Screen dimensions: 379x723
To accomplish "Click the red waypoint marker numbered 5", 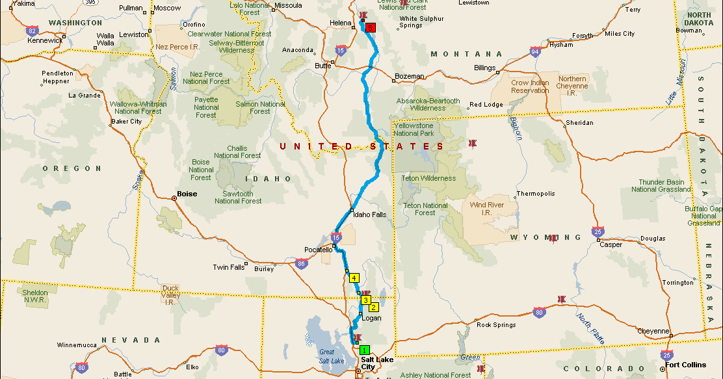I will (x=371, y=28).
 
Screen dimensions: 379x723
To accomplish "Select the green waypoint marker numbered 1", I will (x=364, y=350).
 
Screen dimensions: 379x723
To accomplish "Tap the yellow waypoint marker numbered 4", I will (x=354, y=278).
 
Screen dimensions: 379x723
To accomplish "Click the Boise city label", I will (x=187, y=194).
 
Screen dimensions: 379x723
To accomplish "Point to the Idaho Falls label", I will (x=369, y=215).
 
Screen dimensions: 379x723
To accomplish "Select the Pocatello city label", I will (x=318, y=250).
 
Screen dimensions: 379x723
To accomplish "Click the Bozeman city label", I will (x=409, y=77).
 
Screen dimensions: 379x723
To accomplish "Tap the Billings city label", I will (x=484, y=68).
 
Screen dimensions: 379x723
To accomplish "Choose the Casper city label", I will (x=611, y=245).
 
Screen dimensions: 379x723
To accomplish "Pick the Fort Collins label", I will (x=685, y=365).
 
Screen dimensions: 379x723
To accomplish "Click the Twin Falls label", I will (x=229, y=267).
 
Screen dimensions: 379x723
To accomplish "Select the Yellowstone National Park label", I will (x=413, y=129).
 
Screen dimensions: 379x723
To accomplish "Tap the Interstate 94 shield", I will (x=534, y=52).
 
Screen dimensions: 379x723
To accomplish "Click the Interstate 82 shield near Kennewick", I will (x=32, y=30).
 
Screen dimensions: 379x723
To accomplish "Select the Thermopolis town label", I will (x=536, y=194).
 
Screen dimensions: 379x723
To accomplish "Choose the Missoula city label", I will (x=288, y=5).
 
